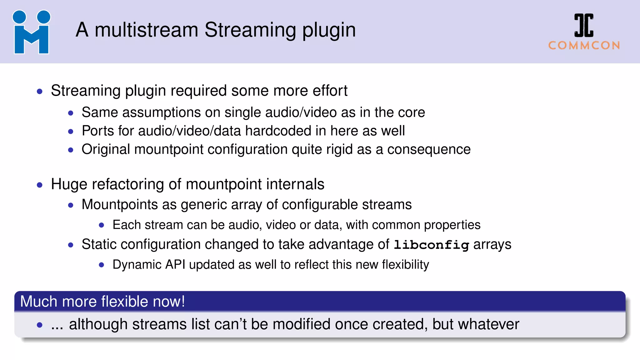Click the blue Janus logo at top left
click(31, 32)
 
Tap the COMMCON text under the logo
click(584, 46)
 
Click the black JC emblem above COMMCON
click(584, 25)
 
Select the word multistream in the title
click(146, 30)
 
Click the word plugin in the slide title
click(329, 31)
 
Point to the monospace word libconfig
click(431, 245)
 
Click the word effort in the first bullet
click(330, 91)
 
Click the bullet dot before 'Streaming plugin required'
click(40, 92)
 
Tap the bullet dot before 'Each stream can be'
click(101, 225)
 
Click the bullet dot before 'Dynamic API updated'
click(101, 265)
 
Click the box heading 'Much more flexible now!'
click(102, 302)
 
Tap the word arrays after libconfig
click(492, 244)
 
